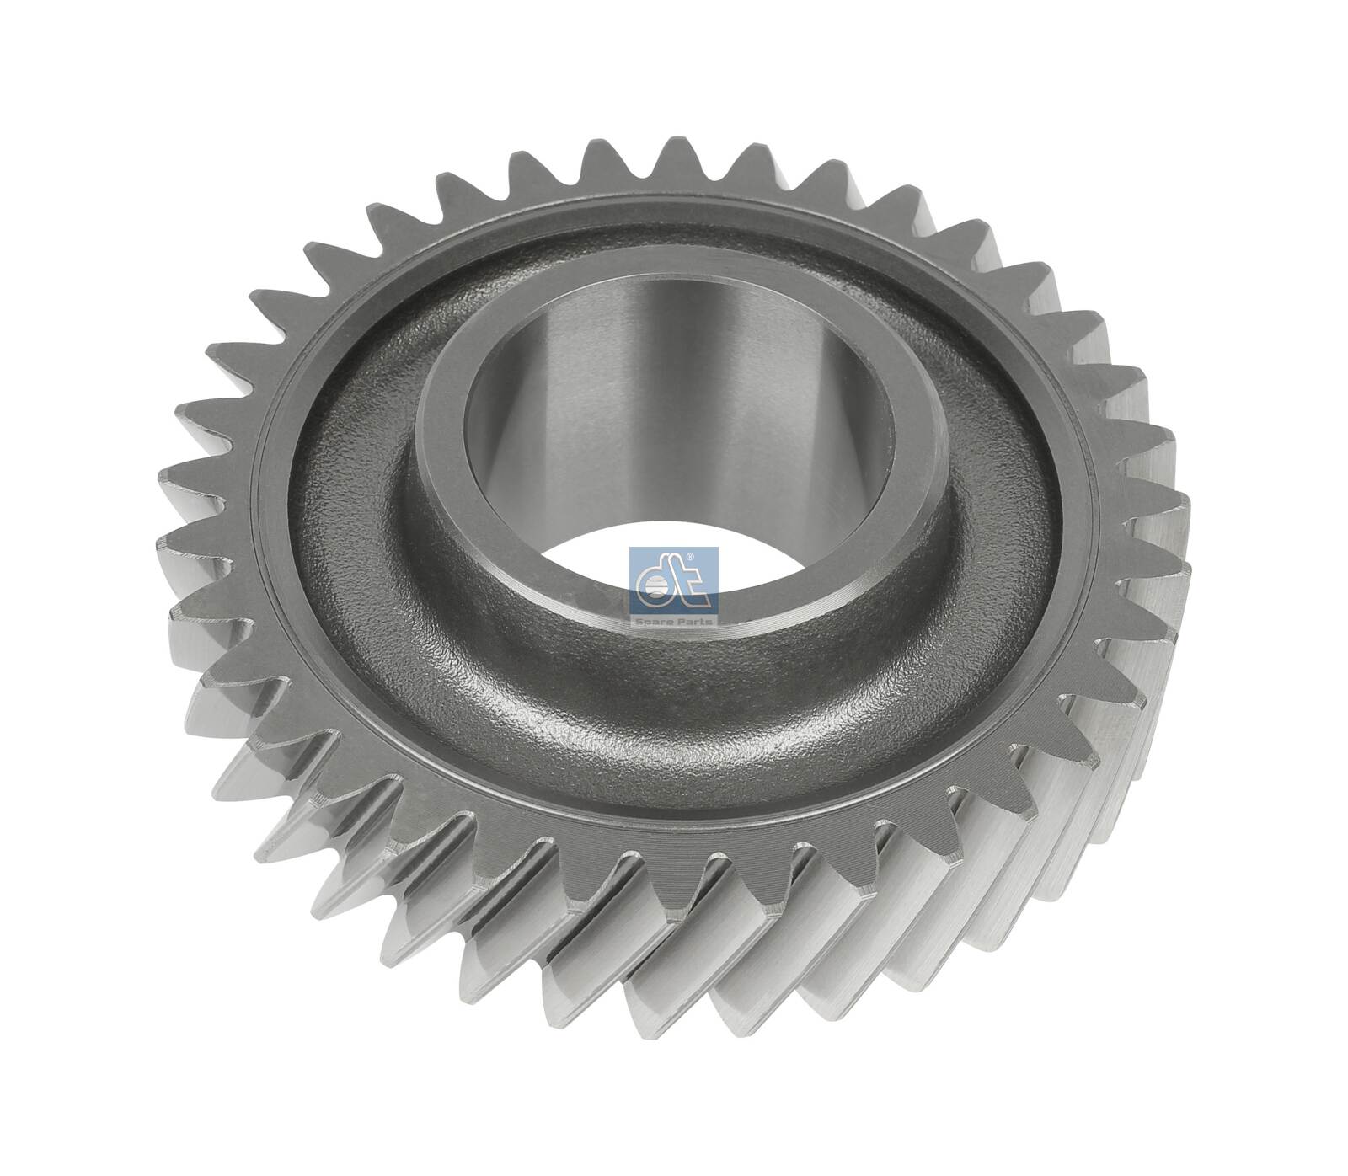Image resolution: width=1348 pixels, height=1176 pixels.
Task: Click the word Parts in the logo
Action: (694, 621)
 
